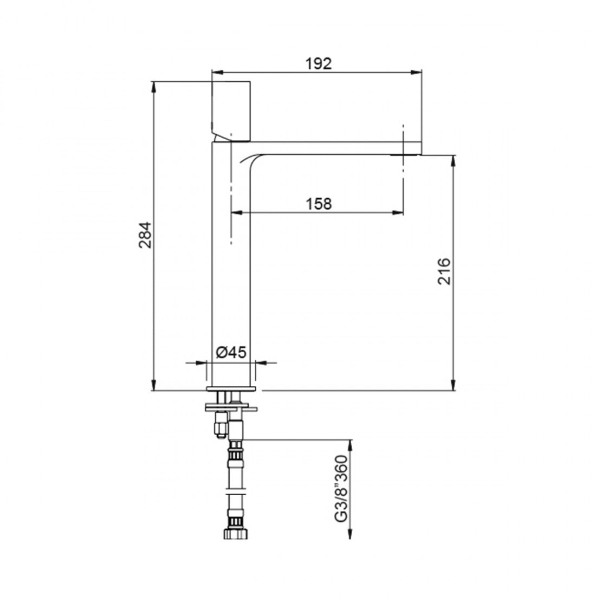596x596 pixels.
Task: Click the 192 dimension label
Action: (x=319, y=63)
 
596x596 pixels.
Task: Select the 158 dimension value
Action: (x=319, y=204)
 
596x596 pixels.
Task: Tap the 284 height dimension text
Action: (x=145, y=235)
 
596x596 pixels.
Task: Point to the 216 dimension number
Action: (x=444, y=271)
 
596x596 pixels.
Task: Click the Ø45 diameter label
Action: (x=231, y=352)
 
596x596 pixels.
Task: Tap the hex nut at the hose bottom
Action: (x=236, y=533)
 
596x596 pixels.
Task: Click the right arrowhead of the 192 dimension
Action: (x=417, y=72)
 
